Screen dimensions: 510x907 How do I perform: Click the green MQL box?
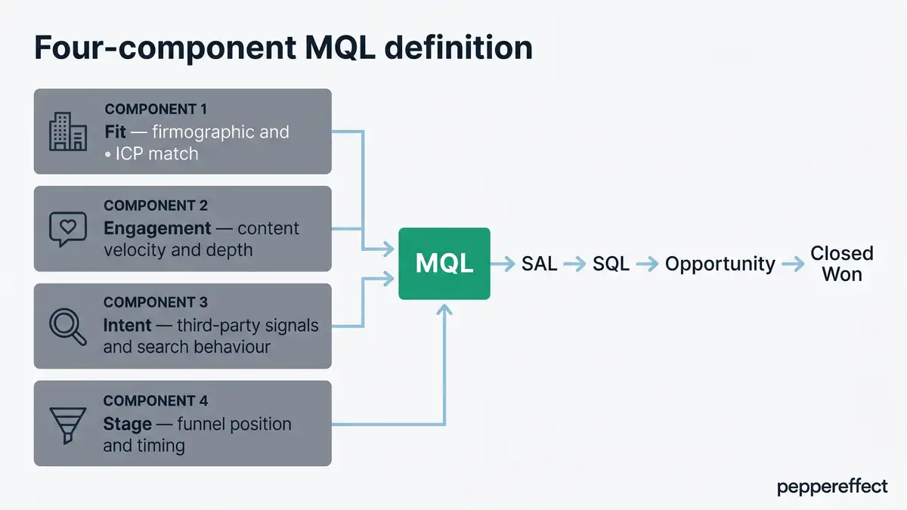tap(444, 263)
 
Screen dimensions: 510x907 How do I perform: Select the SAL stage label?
tap(539, 264)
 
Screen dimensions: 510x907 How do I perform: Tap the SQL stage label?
tap(611, 264)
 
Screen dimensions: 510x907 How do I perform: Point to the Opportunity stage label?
tap(720, 264)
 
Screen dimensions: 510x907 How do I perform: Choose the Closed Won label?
tap(841, 263)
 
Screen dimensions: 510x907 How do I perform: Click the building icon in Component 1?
tap(67, 131)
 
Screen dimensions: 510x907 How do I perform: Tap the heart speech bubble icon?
tap(67, 229)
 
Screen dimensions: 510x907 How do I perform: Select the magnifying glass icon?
tap(67, 326)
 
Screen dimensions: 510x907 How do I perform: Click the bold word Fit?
tap(115, 132)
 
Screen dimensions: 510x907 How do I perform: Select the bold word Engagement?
tap(156, 228)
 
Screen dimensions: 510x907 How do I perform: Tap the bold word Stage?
tap(127, 424)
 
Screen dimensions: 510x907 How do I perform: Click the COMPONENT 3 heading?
tap(155, 302)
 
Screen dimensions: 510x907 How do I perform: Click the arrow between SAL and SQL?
tap(574, 264)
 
